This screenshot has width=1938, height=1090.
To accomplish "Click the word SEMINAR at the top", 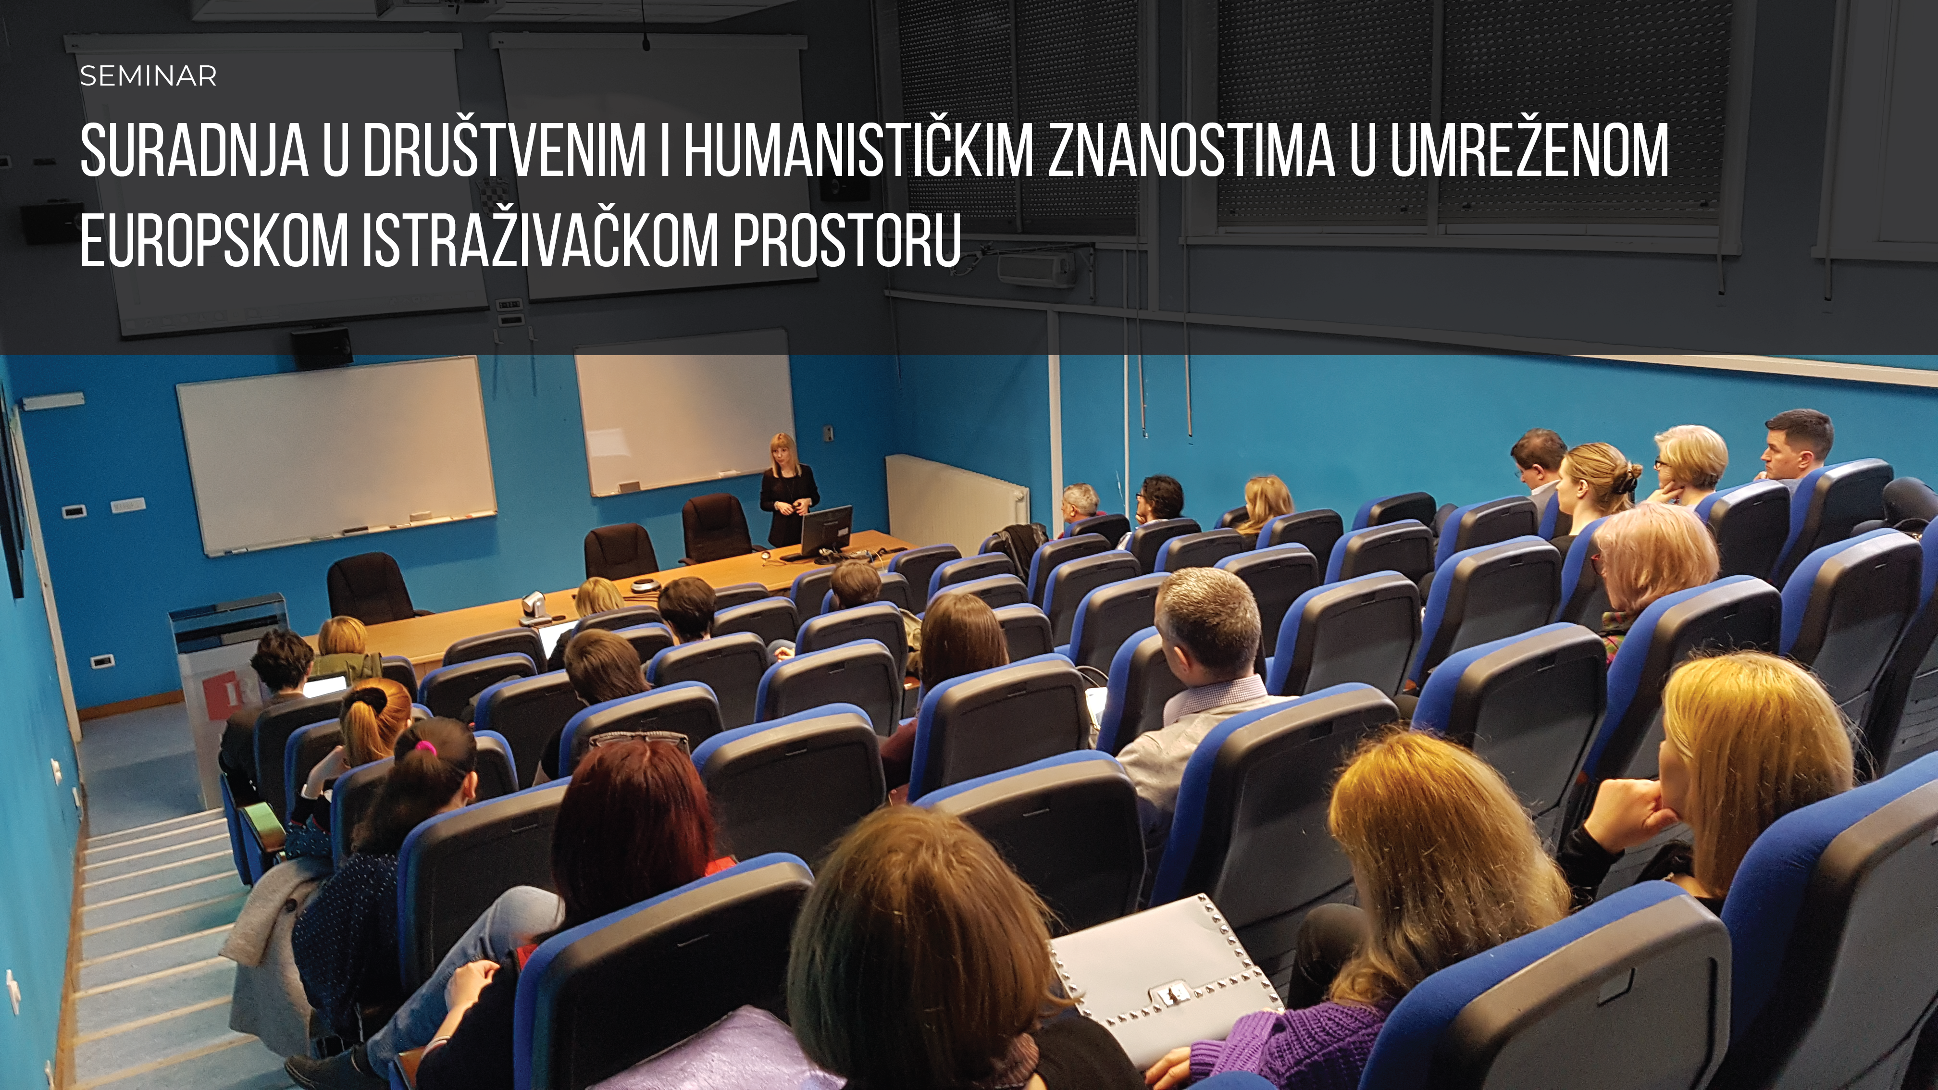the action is point(148,76).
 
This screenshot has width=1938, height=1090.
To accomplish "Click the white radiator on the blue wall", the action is point(956,498).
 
